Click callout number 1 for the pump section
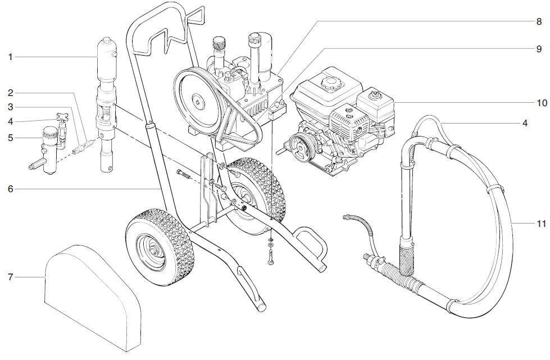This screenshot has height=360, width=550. pyautogui.click(x=11, y=57)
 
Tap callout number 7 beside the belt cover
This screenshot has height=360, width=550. pyautogui.click(x=11, y=277)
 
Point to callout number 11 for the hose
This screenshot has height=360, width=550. pyautogui.click(x=541, y=224)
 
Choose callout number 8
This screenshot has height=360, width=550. pyautogui.click(x=538, y=22)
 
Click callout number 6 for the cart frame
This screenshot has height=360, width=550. pyautogui.click(x=11, y=189)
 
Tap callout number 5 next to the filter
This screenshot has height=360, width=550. pyautogui.click(x=11, y=136)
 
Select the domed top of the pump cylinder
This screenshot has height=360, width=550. pyautogui.click(x=107, y=45)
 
